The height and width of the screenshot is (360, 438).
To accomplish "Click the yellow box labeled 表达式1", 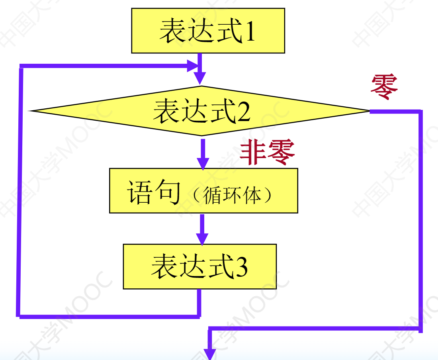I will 208,30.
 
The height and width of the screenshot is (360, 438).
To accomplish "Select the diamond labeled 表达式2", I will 201,111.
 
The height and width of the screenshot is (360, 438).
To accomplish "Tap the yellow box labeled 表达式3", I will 199,266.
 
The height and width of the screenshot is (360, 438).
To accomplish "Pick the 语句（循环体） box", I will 203,191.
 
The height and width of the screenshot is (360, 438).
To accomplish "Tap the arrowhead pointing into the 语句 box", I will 203,162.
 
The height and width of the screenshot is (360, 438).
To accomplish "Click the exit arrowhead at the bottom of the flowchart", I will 210,354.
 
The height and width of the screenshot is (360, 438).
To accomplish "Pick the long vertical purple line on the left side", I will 19,191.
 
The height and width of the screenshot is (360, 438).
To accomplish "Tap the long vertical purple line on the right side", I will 420,219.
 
